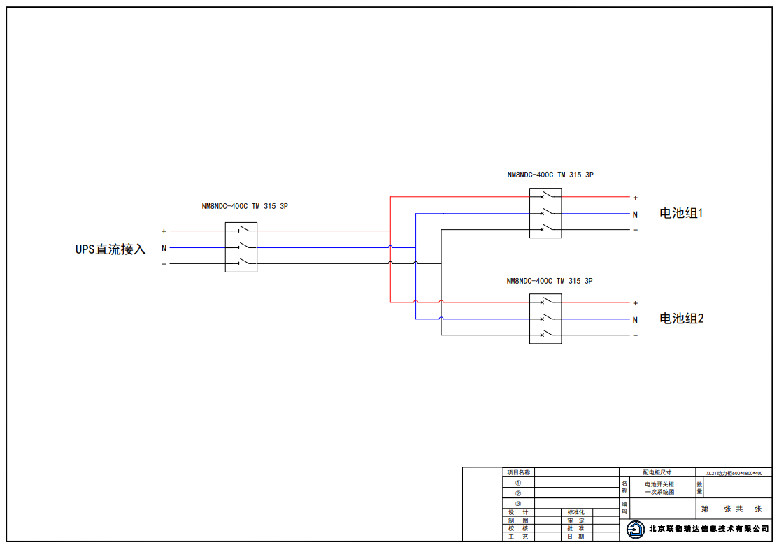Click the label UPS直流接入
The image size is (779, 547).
click(x=110, y=249)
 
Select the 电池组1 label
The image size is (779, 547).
click(x=680, y=213)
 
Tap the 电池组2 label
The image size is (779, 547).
click(x=681, y=319)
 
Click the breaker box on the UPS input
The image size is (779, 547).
click(x=241, y=247)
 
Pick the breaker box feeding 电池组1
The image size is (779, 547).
click(x=545, y=213)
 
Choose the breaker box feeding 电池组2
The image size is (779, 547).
click(x=545, y=319)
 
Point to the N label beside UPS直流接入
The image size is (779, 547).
click(x=164, y=248)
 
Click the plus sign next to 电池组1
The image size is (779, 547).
click(x=635, y=198)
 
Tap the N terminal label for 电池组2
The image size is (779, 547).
click(x=635, y=320)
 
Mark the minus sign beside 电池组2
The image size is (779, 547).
click(x=635, y=335)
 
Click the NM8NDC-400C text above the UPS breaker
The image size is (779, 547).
click(x=224, y=207)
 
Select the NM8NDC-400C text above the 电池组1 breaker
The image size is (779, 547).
click(x=530, y=175)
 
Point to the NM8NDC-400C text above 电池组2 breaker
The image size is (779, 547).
click(x=529, y=281)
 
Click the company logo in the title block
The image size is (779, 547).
click(x=635, y=530)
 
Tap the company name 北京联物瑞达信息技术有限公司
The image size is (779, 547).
click(x=708, y=529)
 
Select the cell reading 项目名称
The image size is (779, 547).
click(x=518, y=472)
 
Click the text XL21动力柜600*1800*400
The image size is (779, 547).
click(x=734, y=473)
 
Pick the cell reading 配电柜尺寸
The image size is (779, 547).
click(x=657, y=472)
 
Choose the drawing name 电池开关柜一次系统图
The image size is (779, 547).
click(x=659, y=488)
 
